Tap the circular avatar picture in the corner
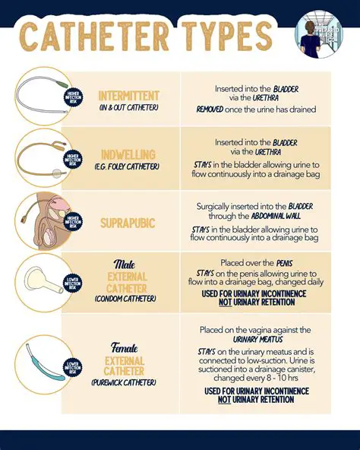pos(319,34)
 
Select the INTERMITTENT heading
pos(129,96)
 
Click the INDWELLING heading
pos(129,155)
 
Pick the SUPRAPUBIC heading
pos(128,223)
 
